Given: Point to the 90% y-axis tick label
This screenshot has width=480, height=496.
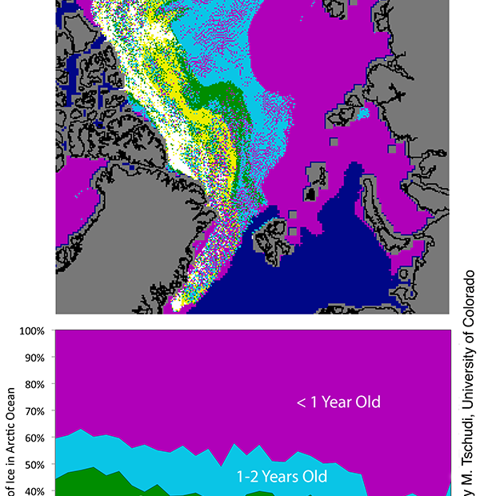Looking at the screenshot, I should (34, 358).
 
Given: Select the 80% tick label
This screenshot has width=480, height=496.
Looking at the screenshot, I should (34, 384).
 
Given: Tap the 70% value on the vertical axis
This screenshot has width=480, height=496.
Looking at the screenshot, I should (34, 411).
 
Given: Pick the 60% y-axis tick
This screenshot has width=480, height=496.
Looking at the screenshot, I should (34, 438).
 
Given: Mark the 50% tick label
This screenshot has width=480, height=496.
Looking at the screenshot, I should (34, 465).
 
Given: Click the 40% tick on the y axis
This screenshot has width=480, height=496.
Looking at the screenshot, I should (34, 490).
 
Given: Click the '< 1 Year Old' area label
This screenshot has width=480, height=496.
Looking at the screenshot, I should (338, 402).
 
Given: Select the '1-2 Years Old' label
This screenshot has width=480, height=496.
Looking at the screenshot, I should (282, 477).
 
